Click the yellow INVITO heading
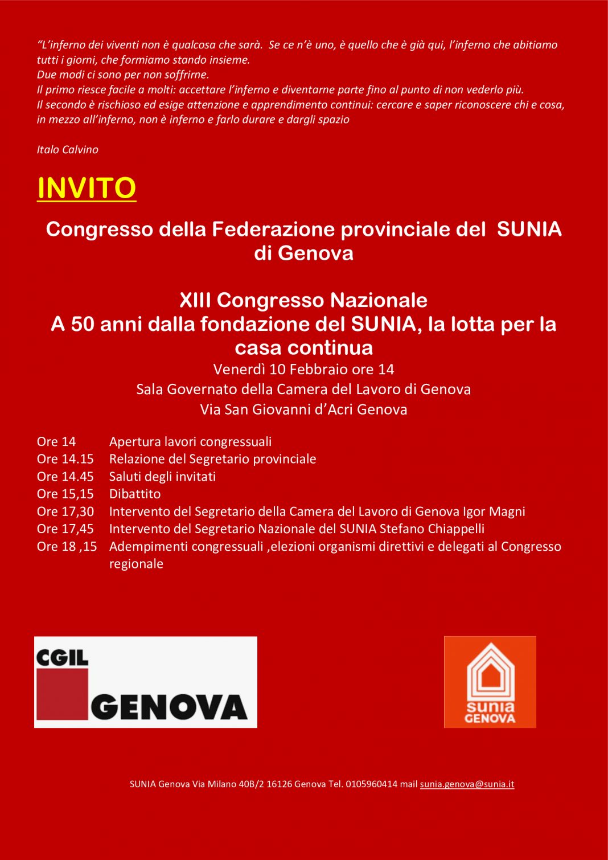click(87, 188)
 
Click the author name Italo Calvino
click(67, 150)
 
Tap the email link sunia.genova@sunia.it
click(467, 784)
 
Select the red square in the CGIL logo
click(62, 694)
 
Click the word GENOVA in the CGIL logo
click(169, 707)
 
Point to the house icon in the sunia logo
click(490, 672)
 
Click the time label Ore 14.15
click(65, 459)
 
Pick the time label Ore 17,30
click(65, 511)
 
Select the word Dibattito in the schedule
click(135, 494)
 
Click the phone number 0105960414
click(371, 784)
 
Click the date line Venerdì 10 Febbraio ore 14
click(303, 370)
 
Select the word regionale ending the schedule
click(136, 564)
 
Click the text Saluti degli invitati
click(162, 477)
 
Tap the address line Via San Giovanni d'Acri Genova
click(303, 409)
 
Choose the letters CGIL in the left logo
click(62, 658)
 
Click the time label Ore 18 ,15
click(67, 547)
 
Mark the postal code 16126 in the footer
click(279, 784)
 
